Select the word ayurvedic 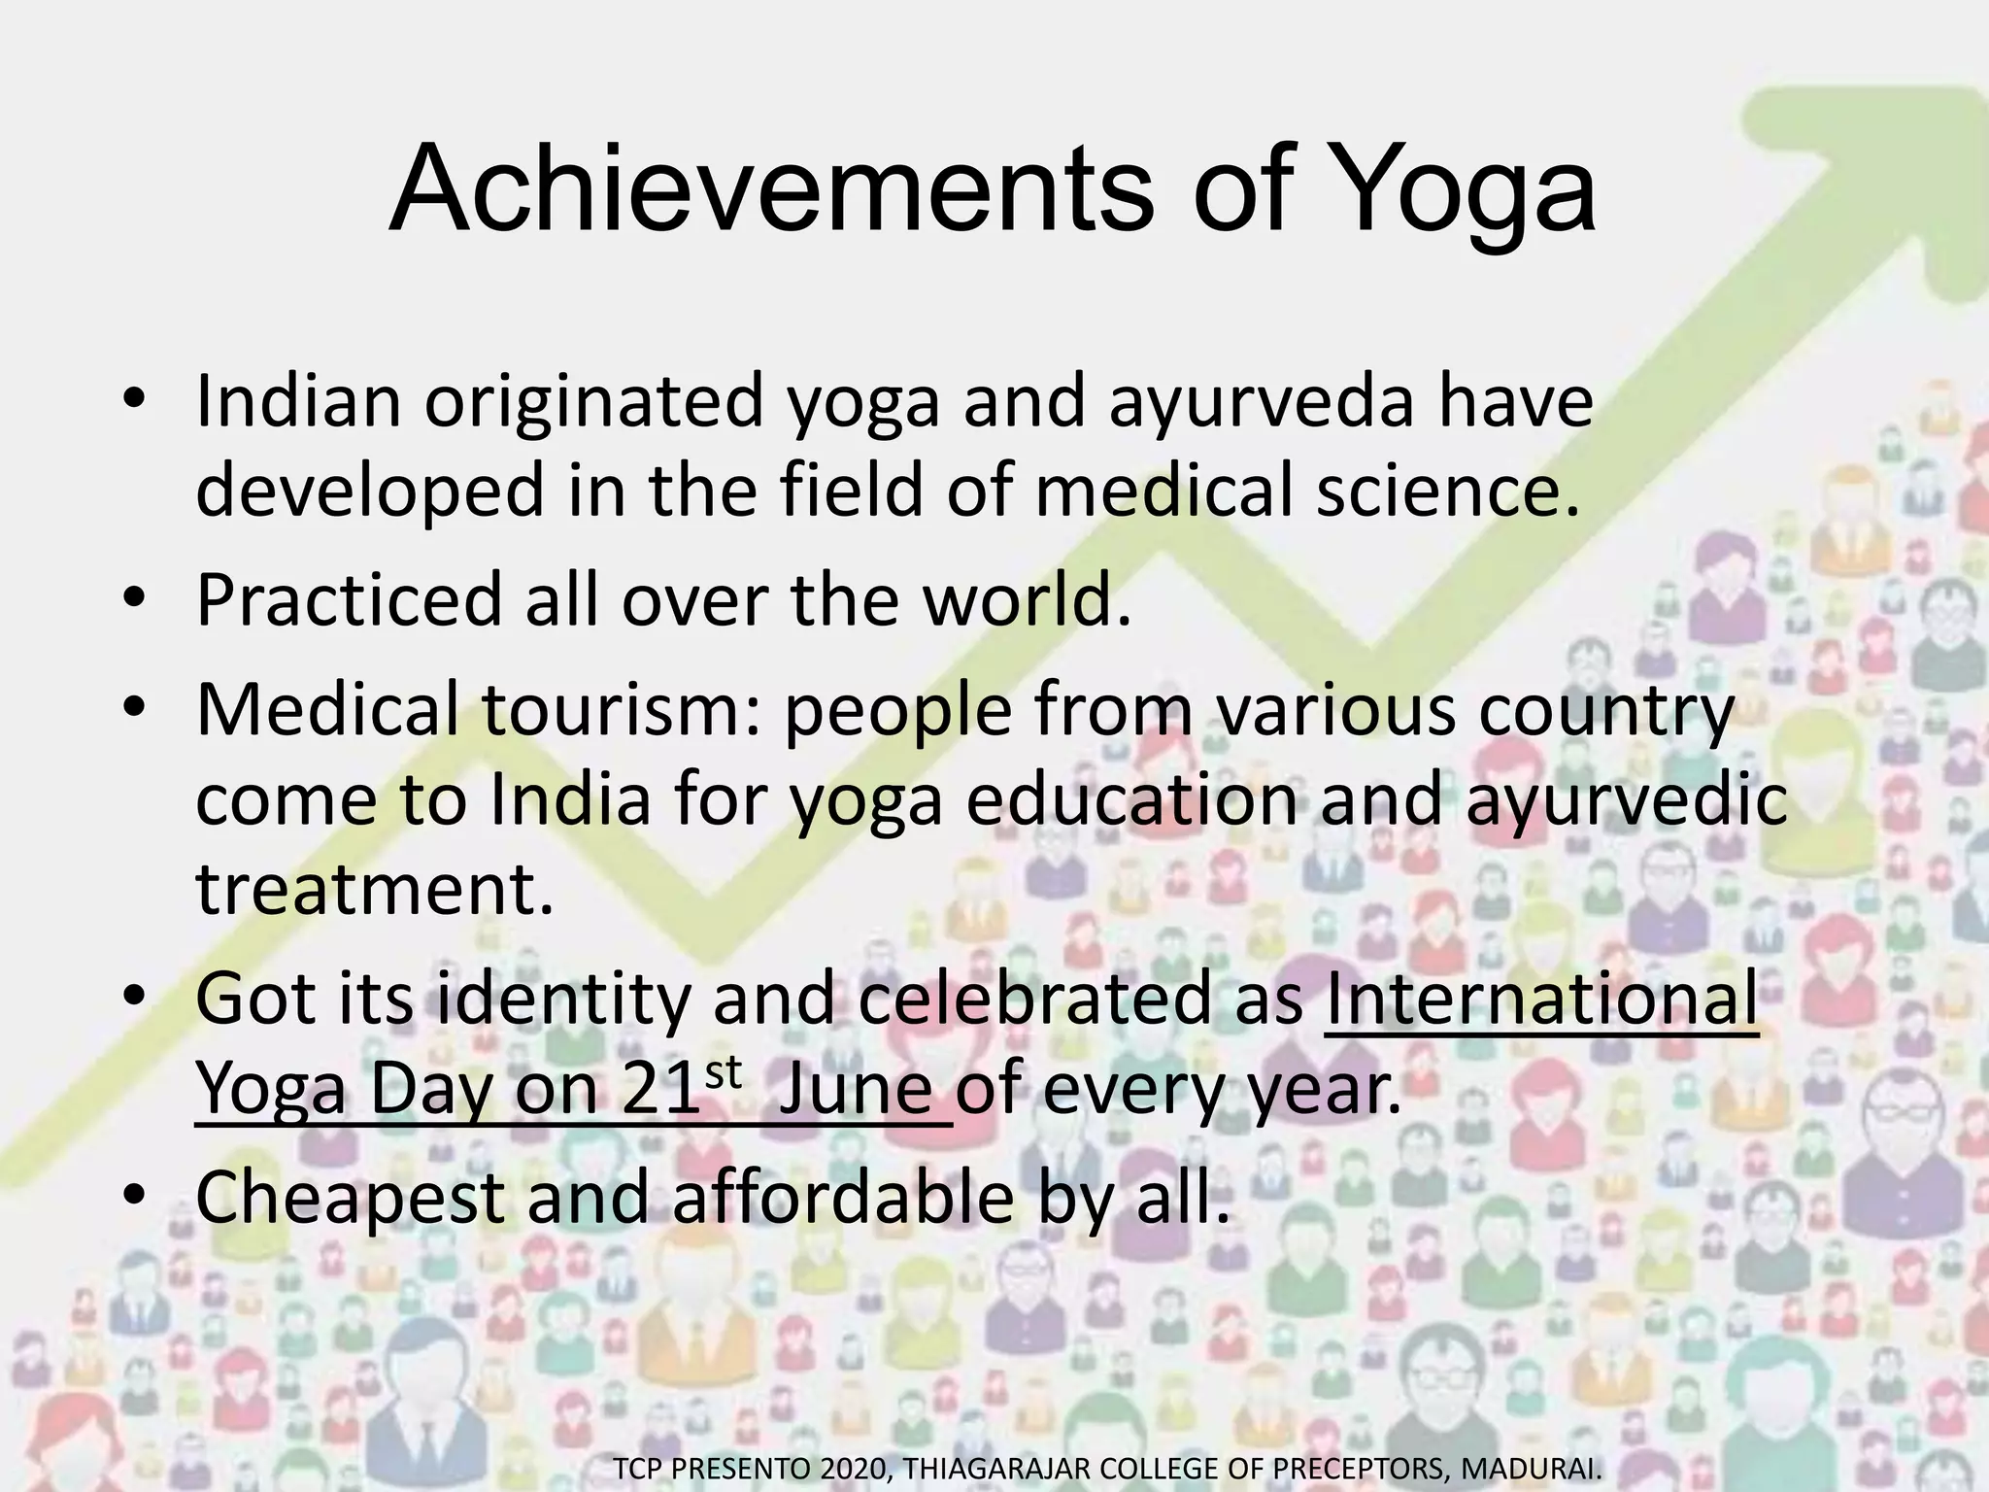[x=1626, y=800]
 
